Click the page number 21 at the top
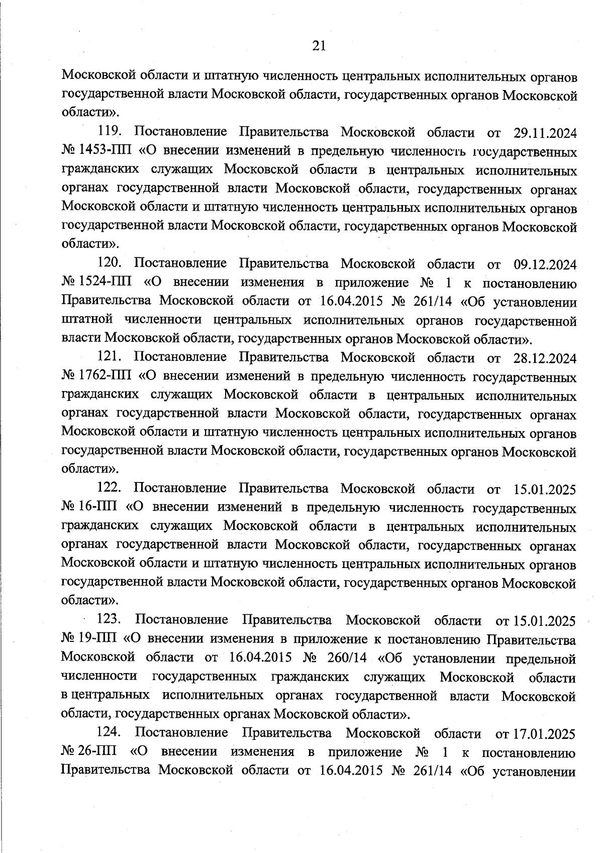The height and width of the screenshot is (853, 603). click(319, 46)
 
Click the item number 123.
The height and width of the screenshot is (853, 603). click(110, 620)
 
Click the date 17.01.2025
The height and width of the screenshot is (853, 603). click(543, 733)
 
